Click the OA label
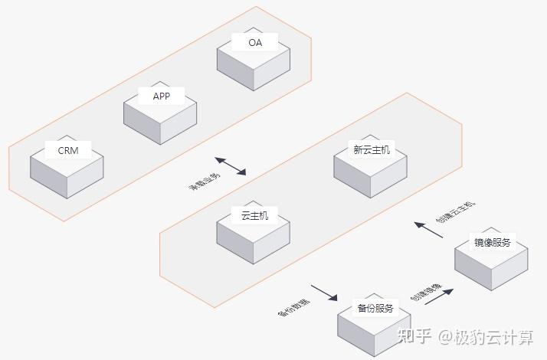(255, 43)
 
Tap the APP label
(162, 96)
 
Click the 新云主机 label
(371, 150)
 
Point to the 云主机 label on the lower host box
(254, 216)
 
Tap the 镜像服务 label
(492, 243)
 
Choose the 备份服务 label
(375, 308)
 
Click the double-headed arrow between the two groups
(231, 165)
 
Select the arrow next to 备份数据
(323, 293)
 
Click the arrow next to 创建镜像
(439, 296)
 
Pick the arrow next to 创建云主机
(428, 229)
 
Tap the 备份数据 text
(293, 306)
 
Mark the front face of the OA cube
(234, 73)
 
